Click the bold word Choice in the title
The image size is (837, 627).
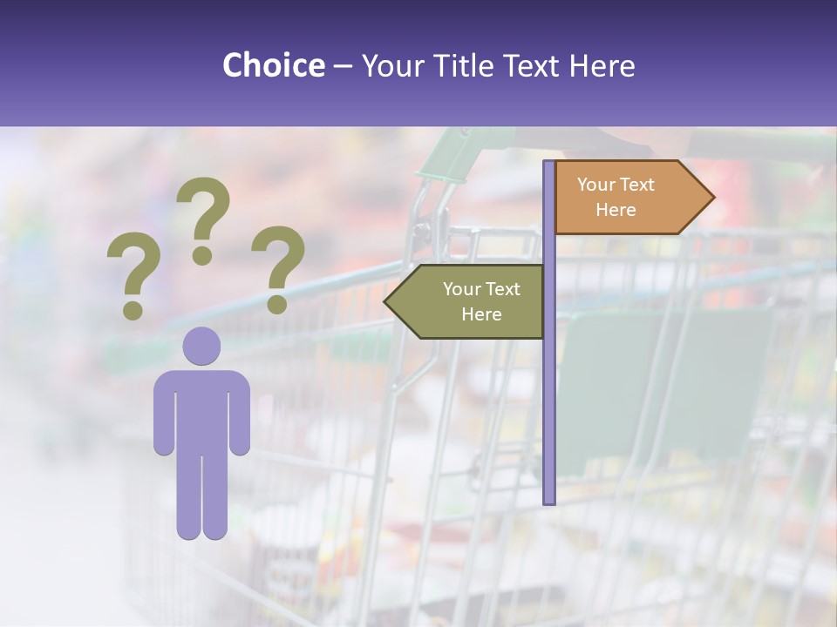coord(273,65)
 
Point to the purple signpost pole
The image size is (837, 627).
coord(549,392)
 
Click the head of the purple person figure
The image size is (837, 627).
coord(201,346)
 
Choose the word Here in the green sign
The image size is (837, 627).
coord(481,314)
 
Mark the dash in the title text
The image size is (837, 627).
coord(343,66)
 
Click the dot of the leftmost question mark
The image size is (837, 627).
coord(133,310)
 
